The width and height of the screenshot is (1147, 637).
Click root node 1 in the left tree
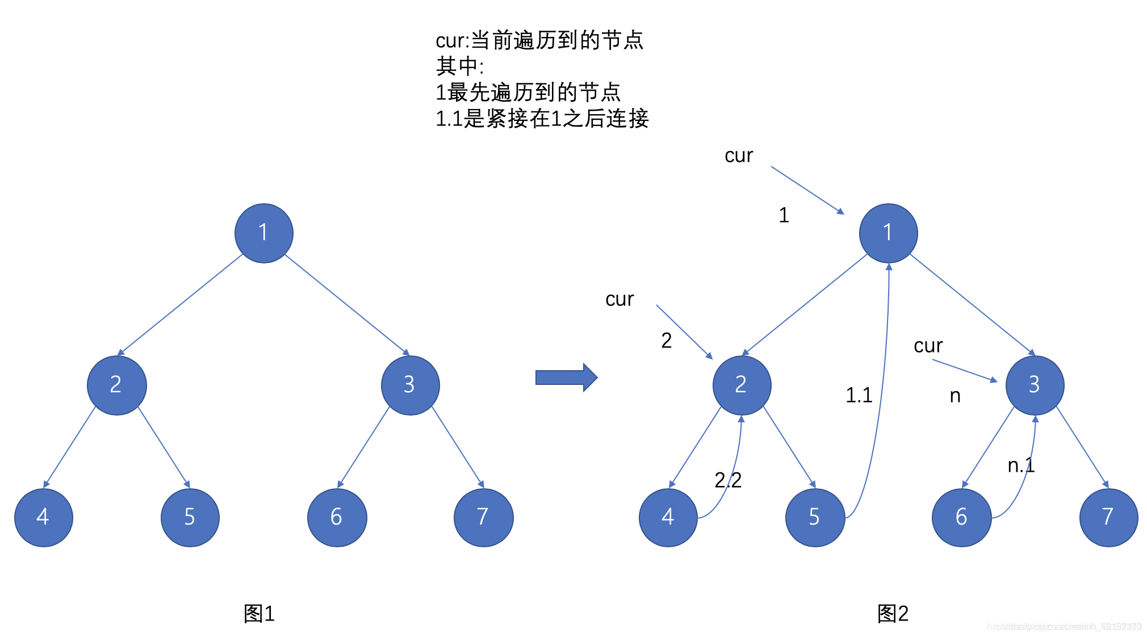point(263,233)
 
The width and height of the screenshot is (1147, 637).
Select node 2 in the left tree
point(116,385)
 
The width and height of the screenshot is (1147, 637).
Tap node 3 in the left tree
point(410,385)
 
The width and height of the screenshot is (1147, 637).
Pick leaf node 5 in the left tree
point(190,517)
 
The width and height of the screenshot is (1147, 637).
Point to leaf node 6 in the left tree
point(337,517)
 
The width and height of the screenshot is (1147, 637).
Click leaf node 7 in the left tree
point(483,517)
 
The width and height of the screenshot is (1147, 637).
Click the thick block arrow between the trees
point(566,378)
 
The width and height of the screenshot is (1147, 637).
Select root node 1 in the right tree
point(888,233)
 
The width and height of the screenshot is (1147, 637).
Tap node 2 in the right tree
point(742,385)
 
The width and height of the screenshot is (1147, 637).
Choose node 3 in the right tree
point(1035,385)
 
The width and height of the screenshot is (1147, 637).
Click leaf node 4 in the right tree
point(668,517)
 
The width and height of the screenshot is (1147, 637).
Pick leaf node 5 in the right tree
point(815,517)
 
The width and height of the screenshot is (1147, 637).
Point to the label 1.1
point(859,395)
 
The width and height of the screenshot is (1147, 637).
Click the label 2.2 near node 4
point(728,480)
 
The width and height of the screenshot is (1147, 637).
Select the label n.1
point(1021,466)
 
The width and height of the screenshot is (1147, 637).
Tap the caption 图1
point(259,614)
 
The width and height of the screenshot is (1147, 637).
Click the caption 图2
point(893,614)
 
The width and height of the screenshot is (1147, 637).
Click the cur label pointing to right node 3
point(928,346)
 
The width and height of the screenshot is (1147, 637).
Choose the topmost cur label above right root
point(738,156)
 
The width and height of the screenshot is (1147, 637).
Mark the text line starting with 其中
point(459,66)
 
